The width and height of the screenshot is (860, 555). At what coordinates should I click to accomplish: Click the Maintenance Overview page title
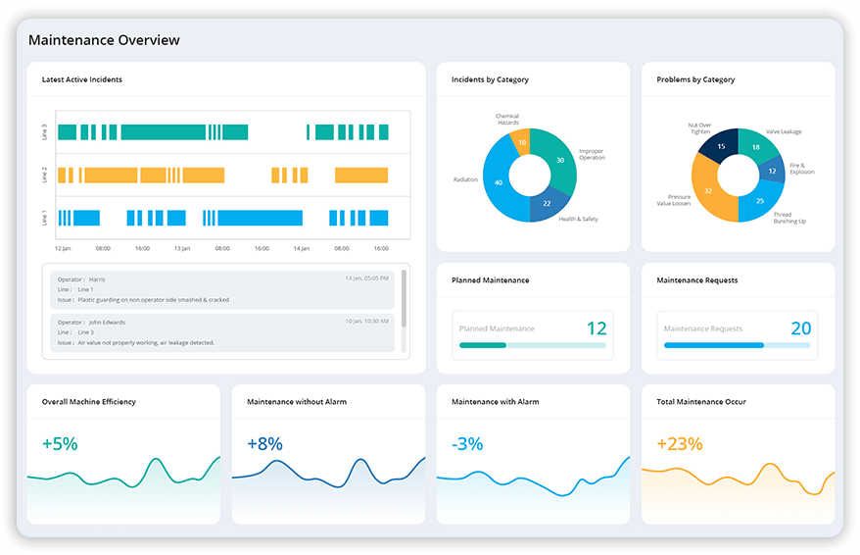[x=104, y=40]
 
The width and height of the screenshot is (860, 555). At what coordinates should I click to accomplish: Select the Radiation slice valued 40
[x=500, y=182]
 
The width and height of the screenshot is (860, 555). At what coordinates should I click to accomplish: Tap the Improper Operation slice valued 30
[x=559, y=160]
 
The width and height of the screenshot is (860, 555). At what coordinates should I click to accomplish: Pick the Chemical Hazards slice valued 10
[x=522, y=142]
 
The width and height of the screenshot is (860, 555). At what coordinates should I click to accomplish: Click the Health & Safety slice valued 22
[x=547, y=203]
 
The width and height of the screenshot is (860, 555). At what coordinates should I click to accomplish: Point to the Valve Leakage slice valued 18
[x=755, y=147]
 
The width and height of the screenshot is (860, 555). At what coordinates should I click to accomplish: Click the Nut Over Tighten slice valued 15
[x=722, y=147]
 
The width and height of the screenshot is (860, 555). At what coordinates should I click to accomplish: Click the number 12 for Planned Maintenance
[x=596, y=328]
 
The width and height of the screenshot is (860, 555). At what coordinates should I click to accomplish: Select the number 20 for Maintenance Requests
[x=800, y=328]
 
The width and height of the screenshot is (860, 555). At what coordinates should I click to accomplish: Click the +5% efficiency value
[x=60, y=444]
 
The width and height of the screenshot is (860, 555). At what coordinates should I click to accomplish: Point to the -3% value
[x=467, y=444]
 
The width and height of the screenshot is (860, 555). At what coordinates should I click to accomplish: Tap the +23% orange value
[x=679, y=444]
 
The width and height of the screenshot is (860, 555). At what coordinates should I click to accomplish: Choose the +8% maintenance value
[x=264, y=444]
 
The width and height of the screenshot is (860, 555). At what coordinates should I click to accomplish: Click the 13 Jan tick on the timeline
[x=182, y=249]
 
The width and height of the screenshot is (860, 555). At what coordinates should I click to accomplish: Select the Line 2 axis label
[x=45, y=175]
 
